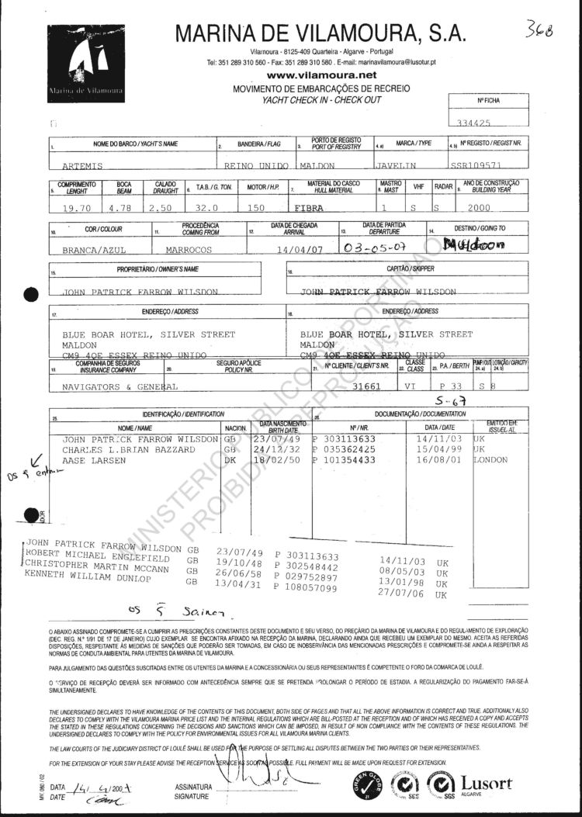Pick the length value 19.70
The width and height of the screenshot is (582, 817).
76,208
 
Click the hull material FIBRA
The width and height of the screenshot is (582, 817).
309,208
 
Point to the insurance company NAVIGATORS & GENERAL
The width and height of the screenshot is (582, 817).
120,386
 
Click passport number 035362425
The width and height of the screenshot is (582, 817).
350,449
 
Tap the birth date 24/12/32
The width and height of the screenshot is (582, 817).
277,449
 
